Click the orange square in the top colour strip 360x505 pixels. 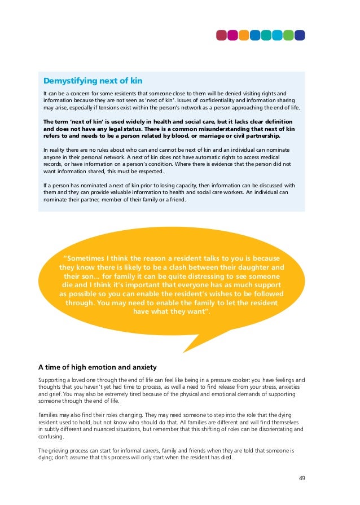coord(244,35)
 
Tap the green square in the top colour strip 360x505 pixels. coord(288,35)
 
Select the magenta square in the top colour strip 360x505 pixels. coord(233,35)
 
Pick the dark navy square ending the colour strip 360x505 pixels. coord(299,35)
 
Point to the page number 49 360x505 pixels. coord(302,478)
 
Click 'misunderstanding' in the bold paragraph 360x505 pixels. coord(229,129)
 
